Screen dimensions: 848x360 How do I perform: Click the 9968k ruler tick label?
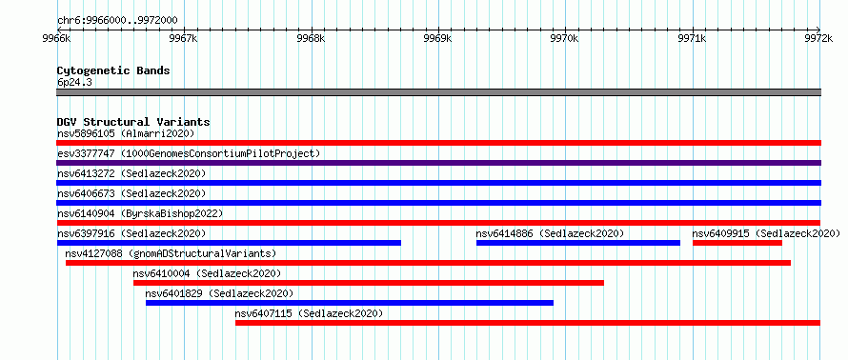(312, 39)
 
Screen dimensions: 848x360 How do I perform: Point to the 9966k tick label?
(57, 39)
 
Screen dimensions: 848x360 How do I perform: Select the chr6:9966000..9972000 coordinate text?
(117, 21)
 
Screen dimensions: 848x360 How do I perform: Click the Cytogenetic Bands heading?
(113, 70)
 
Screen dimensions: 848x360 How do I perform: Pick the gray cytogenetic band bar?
(438, 92)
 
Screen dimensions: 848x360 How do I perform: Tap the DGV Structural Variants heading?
(133, 122)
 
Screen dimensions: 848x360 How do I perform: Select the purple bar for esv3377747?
(438, 163)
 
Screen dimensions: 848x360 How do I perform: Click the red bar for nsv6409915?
(737, 243)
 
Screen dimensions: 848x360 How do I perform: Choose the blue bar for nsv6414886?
(578, 243)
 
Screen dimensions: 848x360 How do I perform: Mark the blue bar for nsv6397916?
(229, 243)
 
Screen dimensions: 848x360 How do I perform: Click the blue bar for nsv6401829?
(350, 303)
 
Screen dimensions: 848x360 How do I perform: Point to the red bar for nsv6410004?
(369, 283)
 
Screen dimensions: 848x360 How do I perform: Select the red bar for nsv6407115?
(528, 323)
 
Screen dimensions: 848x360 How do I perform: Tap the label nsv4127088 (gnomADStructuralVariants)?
(171, 253)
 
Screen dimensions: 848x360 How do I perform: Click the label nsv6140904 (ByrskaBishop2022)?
(140, 213)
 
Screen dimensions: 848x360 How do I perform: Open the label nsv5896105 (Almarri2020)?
(126, 133)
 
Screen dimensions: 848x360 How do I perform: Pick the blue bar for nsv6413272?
(438, 183)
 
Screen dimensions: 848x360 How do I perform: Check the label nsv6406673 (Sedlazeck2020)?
(131, 193)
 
